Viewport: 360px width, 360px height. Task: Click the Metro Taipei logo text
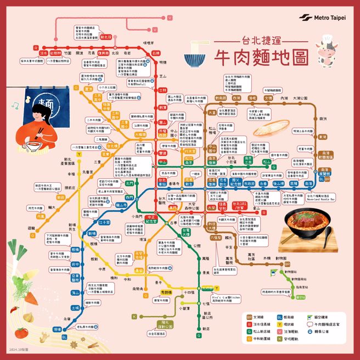click(330, 18)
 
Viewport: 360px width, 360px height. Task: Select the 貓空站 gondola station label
click(300, 297)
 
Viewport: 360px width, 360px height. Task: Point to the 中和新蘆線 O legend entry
click(262, 339)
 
